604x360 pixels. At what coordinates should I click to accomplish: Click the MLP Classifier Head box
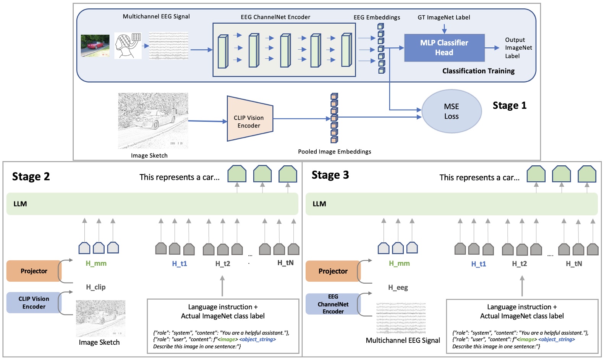(444, 48)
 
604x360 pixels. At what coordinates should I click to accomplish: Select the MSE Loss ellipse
(451, 111)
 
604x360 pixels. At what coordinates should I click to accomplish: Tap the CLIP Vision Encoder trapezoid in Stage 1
(249, 119)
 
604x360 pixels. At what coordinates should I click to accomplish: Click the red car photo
(95, 45)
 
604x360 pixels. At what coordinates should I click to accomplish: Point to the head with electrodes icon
(128, 46)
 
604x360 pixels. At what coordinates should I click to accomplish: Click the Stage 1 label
(509, 105)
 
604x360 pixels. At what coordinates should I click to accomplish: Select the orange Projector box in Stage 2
(34, 271)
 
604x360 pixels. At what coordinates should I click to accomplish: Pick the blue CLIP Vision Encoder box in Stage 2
(34, 303)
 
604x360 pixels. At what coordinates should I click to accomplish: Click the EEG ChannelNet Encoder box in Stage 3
(333, 304)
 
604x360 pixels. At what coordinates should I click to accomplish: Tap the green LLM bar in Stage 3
(451, 204)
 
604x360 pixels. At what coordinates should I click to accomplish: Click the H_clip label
(96, 287)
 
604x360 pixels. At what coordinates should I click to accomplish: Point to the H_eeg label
(398, 287)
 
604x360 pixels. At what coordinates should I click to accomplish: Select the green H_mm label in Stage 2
(96, 263)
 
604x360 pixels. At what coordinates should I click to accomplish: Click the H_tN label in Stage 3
(574, 264)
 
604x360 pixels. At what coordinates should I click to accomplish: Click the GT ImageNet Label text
(444, 18)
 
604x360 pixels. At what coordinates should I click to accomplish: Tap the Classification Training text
(478, 71)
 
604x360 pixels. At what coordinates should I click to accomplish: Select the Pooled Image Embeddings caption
(334, 152)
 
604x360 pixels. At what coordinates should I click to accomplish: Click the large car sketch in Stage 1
(153, 121)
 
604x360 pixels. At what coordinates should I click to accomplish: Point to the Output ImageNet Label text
(518, 48)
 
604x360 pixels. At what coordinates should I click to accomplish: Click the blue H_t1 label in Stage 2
(179, 264)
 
